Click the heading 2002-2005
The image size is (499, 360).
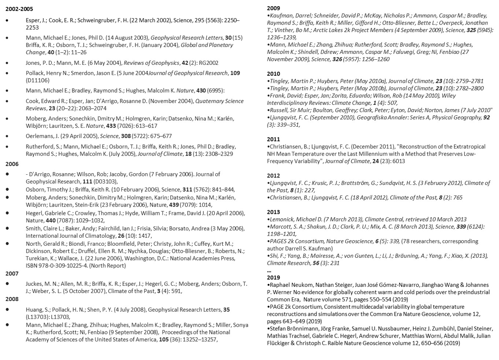pos(19,9)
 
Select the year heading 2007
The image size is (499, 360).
pos(12,274)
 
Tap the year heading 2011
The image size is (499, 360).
pos(273,139)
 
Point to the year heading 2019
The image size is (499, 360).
pos(273,278)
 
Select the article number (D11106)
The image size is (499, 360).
pos(37,80)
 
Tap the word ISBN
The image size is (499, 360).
pos(32,266)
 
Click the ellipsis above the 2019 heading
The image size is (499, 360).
pos(269,271)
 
